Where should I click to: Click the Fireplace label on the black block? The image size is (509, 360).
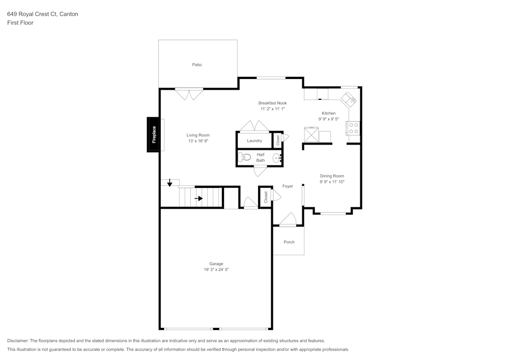click(x=154, y=134)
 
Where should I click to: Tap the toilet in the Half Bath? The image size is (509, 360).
click(x=244, y=157)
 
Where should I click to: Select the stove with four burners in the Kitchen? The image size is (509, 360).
click(x=353, y=128)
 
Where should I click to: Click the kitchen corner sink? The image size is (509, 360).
click(x=349, y=99)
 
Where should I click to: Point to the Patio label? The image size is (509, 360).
click(x=196, y=65)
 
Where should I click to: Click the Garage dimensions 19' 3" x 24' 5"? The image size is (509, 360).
click(x=216, y=269)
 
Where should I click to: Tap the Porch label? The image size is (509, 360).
click(x=289, y=242)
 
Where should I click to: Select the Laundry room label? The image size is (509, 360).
click(x=254, y=141)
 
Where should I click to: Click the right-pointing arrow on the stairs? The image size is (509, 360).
click(x=199, y=199)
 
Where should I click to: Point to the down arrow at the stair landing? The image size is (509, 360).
click(x=169, y=183)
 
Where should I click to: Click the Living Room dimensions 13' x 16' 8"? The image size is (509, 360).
click(x=198, y=141)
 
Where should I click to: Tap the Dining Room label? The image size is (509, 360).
click(x=332, y=176)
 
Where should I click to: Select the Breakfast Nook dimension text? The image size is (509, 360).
click(x=273, y=109)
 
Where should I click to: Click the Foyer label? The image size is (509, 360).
click(x=288, y=186)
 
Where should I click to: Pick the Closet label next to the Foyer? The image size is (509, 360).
click(x=266, y=197)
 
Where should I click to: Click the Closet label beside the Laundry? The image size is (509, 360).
click(x=278, y=141)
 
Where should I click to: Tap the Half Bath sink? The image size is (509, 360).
click(x=277, y=158)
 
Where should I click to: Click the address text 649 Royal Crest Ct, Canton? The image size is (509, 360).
click(x=43, y=14)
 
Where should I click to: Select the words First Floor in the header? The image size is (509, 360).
click(x=20, y=23)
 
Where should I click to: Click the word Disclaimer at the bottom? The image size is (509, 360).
click(x=17, y=341)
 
